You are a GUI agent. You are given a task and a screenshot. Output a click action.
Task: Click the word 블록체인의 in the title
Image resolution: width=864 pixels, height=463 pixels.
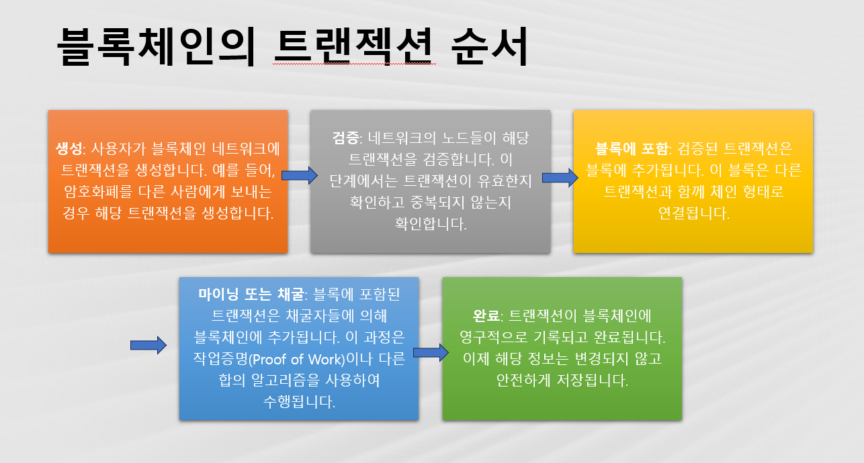pyautogui.click(x=157, y=46)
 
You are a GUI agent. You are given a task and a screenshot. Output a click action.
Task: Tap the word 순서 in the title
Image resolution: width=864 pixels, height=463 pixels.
pyautogui.click(x=490, y=46)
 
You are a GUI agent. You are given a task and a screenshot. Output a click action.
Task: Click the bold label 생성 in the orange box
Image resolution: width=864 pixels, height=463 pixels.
pyautogui.click(x=69, y=149)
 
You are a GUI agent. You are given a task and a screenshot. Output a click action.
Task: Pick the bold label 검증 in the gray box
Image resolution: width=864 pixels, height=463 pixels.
pyautogui.click(x=345, y=138)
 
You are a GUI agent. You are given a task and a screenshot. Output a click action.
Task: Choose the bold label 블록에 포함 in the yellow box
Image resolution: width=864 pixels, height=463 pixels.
pyautogui.click(x=632, y=149)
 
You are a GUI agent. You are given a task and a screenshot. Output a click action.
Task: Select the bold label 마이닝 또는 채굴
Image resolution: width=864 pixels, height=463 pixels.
pyautogui.click(x=251, y=295)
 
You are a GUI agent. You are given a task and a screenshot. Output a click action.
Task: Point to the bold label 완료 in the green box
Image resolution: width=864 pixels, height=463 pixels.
pyautogui.click(x=486, y=316)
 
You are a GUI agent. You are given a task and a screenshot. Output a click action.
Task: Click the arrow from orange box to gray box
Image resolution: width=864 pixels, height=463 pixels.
pyautogui.click(x=300, y=176)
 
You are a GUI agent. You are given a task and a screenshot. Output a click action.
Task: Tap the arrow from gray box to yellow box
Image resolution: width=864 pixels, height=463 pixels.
pyautogui.click(x=560, y=178)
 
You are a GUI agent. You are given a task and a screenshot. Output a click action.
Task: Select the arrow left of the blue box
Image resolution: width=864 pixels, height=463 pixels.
pyautogui.click(x=148, y=345)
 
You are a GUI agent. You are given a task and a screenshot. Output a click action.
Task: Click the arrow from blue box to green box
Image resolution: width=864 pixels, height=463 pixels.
pyautogui.click(x=431, y=352)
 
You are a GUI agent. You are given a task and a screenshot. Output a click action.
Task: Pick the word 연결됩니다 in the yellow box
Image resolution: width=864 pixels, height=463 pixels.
pyautogui.click(x=693, y=213)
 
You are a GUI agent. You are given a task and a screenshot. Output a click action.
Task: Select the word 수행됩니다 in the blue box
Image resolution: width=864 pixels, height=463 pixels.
pyautogui.click(x=299, y=402)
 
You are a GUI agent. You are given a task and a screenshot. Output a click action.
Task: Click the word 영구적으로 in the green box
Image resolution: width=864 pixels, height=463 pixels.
pyautogui.click(x=493, y=338)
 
